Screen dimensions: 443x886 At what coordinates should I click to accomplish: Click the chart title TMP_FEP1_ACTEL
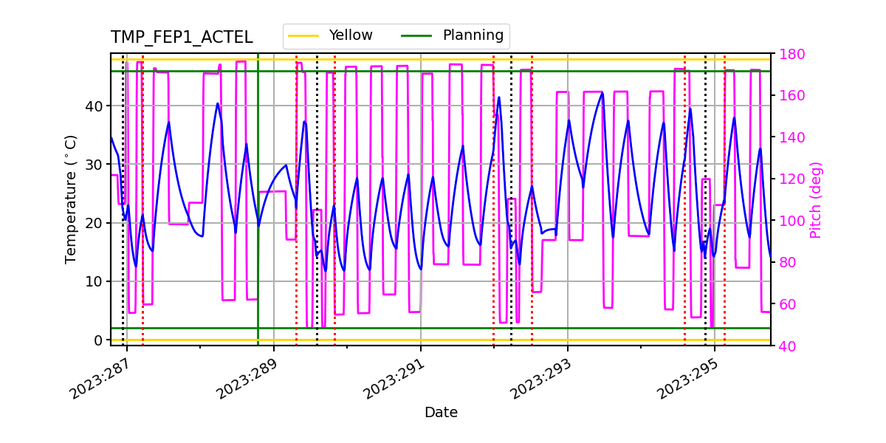tap(182, 38)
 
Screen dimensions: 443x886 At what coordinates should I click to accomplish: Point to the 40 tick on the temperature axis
tap(95, 106)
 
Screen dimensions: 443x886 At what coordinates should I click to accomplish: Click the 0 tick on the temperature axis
tap(98, 340)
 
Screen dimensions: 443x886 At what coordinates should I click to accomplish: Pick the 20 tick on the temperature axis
tap(95, 223)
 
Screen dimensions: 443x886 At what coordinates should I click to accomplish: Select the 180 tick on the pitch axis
tap(789, 55)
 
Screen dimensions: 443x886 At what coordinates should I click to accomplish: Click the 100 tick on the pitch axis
tap(789, 221)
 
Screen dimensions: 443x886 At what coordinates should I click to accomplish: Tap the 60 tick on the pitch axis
tap(786, 304)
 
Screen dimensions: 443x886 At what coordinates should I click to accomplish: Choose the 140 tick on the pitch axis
tap(789, 138)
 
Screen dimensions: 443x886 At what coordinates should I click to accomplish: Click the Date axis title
tap(441, 413)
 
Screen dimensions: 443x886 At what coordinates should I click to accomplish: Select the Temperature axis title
tap(71, 199)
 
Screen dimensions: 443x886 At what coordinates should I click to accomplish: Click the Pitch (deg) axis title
tap(816, 199)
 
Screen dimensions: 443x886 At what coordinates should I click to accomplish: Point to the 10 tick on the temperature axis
tap(95, 281)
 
